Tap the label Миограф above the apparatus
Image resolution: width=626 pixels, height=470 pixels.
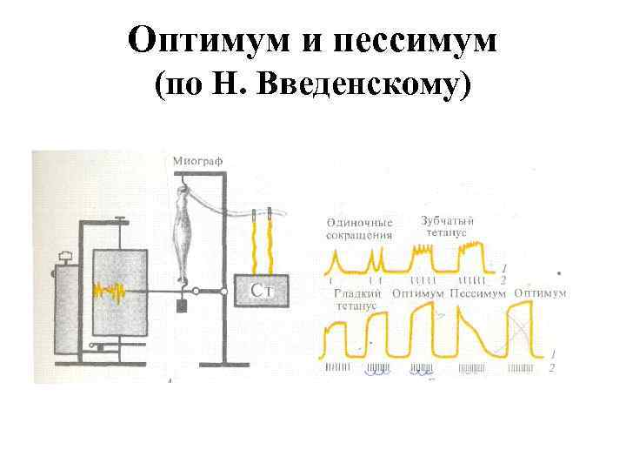[196, 160]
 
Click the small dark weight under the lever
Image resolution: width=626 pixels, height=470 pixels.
[182, 305]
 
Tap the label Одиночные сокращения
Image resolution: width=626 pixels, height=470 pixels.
[360, 228]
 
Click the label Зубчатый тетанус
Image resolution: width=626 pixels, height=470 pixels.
[448, 226]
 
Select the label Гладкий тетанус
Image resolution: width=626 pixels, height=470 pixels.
[356, 300]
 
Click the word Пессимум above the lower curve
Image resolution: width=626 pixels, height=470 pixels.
[477, 293]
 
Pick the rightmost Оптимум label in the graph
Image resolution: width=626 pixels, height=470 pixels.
[540, 293]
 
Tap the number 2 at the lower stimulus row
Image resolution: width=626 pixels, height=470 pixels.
[553, 369]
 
